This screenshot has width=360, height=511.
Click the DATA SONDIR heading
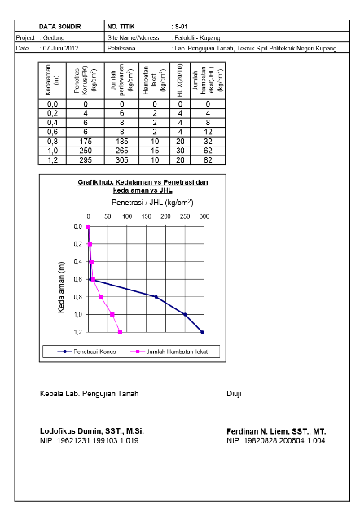tap(59, 27)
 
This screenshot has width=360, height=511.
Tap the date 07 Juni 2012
tap(60, 48)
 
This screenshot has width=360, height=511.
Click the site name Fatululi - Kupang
tap(197, 37)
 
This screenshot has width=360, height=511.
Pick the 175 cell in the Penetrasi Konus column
tap(86, 142)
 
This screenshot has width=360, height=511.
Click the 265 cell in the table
tap(121, 151)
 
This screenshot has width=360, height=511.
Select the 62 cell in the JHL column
tap(208, 151)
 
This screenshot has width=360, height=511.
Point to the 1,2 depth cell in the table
tap(52, 160)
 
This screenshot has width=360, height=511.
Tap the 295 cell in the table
tap(86, 160)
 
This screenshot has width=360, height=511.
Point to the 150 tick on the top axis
tap(146, 216)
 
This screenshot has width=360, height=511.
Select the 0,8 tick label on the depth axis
tap(77, 297)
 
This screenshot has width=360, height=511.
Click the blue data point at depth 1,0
tap(185, 314)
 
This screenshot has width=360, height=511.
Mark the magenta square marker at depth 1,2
tap(120, 333)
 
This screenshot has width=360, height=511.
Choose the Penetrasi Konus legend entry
tap(86, 352)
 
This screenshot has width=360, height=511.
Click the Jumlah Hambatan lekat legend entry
tap(169, 352)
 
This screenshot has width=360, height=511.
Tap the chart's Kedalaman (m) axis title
tap(61, 287)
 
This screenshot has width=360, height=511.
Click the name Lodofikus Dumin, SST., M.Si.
tap(92, 431)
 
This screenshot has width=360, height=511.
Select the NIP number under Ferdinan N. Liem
tap(276, 440)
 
